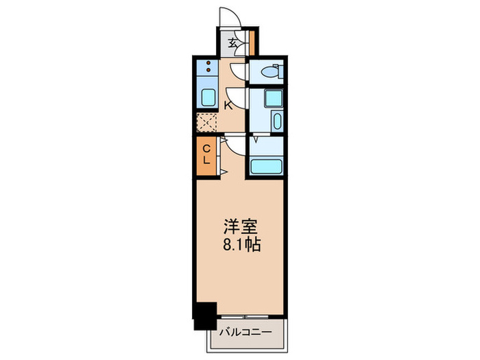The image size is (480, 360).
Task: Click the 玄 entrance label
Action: tap(233, 43)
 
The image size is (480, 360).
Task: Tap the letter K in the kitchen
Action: tap(228, 105)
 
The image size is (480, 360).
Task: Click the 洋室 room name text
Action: tap(239, 227)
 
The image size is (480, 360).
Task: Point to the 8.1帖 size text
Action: tap(239, 245)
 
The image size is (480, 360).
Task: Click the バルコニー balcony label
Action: tap(245, 333)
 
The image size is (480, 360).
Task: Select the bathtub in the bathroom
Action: tap(267, 166)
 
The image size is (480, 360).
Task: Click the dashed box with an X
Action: tap(206, 121)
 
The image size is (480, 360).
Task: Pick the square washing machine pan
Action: tap(273, 97)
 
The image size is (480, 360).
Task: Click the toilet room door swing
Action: tap(237, 71)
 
